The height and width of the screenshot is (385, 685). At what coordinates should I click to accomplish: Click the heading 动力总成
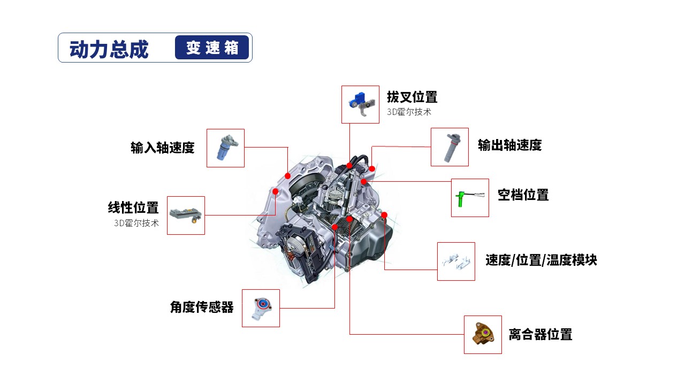[x=109, y=49]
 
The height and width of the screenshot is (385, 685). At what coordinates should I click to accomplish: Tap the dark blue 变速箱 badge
[x=212, y=48]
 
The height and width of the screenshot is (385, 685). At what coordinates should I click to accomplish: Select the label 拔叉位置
[x=412, y=97]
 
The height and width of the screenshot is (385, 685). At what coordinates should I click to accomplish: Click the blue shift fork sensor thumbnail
[x=360, y=104]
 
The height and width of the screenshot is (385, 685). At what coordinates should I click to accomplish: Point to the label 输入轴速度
[x=162, y=148]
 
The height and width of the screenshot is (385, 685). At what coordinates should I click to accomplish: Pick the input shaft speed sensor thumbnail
[x=225, y=148]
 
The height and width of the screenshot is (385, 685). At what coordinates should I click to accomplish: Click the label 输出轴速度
[x=509, y=145]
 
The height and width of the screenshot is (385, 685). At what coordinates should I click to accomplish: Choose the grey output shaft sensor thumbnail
[x=450, y=147]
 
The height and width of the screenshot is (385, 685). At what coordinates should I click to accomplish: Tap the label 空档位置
[x=523, y=195]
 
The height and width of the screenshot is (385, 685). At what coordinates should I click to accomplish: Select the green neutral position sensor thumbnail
[x=470, y=198]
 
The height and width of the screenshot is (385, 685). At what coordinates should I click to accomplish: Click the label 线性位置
[x=133, y=207]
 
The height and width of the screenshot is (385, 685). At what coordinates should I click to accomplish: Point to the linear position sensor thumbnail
[x=186, y=215]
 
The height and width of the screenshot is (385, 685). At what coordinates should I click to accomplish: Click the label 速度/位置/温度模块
[x=541, y=260]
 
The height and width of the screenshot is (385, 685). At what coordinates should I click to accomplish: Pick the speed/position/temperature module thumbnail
[x=456, y=261]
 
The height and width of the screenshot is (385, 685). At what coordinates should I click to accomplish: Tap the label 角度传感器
[x=202, y=307]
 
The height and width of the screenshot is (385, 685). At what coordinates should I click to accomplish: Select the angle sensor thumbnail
[x=261, y=308]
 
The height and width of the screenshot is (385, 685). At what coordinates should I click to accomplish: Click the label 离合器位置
[x=540, y=335]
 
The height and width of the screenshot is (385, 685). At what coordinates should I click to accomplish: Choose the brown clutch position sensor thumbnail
[x=483, y=335]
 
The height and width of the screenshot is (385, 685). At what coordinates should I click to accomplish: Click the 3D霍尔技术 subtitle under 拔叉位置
[x=409, y=112]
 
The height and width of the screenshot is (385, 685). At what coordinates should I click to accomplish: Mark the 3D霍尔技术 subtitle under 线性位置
[x=136, y=223]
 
